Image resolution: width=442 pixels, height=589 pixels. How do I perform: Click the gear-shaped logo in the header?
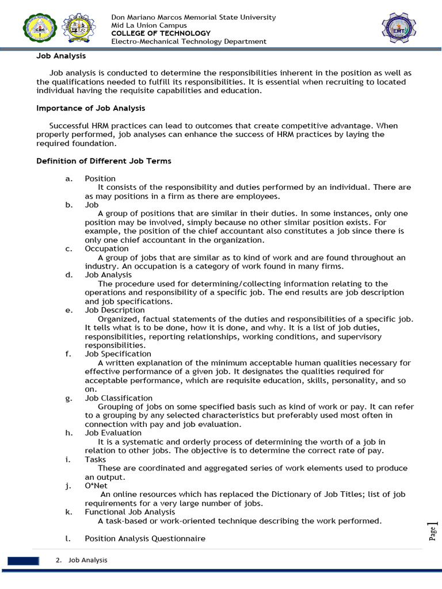coord(79,28)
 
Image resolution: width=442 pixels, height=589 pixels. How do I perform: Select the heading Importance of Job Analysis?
coord(90,108)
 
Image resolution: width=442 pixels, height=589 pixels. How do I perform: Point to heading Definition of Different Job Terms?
coord(104,161)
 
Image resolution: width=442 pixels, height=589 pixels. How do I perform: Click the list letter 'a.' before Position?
coord(69,178)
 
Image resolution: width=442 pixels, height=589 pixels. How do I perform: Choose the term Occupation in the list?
coord(106,248)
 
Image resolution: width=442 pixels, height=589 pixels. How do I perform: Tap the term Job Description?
coord(115,310)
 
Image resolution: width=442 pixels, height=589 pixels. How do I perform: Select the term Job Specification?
coord(118,354)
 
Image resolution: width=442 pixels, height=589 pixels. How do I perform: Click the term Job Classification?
coord(119,398)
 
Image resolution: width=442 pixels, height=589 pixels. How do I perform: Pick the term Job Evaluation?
coord(113,433)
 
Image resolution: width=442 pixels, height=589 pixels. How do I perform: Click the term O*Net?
coord(96,485)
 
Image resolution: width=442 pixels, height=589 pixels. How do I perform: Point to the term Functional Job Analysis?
coord(130,511)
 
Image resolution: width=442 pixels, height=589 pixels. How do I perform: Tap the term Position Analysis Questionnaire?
coord(144,538)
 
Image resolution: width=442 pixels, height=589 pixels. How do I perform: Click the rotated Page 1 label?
coord(432,530)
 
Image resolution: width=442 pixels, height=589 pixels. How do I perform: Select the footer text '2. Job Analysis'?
coord(82,560)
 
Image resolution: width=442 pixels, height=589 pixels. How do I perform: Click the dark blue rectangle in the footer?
coord(23,561)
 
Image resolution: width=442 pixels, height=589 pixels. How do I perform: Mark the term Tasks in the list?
coord(95,460)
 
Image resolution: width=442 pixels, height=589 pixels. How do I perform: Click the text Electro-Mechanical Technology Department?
coord(189,41)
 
